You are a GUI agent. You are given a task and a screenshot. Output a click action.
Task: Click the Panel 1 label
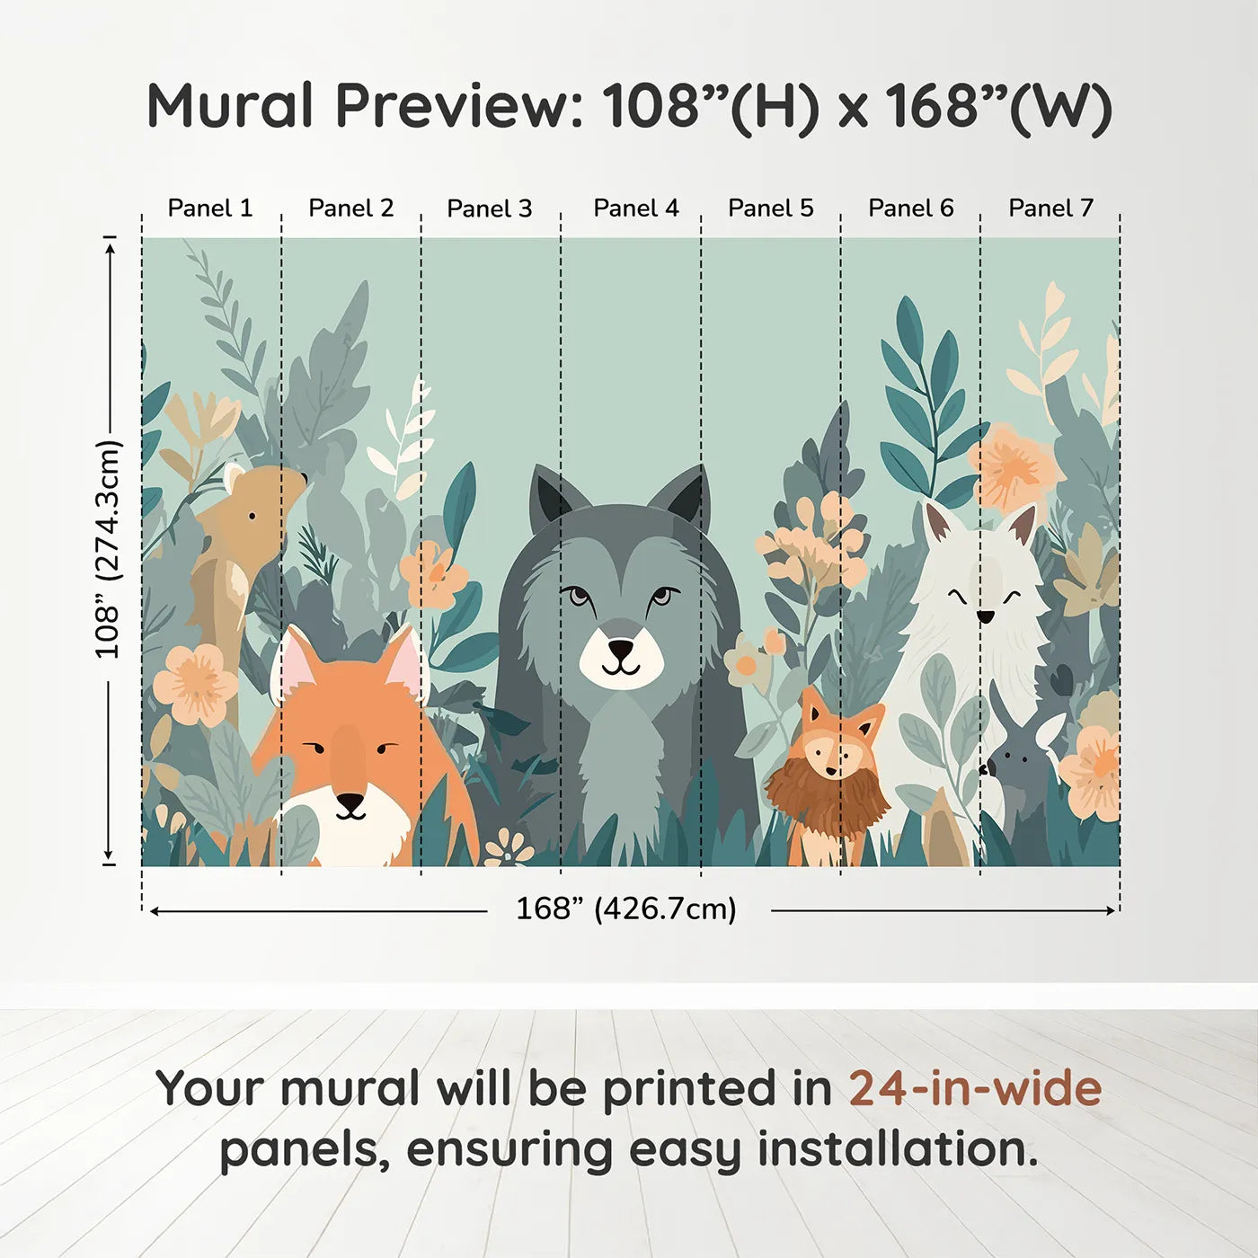[x=210, y=208]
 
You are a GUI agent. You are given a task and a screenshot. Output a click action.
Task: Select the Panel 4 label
[x=635, y=208]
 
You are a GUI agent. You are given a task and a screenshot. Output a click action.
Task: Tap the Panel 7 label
[x=1050, y=208]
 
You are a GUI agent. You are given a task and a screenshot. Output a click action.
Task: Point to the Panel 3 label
[x=490, y=208]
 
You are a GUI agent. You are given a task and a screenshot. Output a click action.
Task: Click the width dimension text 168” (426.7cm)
[x=625, y=909]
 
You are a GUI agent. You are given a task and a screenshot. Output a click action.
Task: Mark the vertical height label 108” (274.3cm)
[x=107, y=549]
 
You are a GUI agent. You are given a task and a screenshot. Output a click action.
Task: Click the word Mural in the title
[x=230, y=106]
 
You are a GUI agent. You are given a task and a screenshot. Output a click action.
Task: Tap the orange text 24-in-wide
[x=975, y=1088]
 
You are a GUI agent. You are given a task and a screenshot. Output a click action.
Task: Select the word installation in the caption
[x=897, y=1149]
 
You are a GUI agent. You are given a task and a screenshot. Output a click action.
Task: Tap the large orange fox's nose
[x=350, y=801]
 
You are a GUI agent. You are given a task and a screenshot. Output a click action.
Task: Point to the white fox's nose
[x=986, y=616]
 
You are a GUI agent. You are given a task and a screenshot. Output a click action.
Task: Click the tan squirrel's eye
[x=252, y=516]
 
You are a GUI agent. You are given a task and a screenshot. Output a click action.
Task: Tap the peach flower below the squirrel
[x=195, y=685]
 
